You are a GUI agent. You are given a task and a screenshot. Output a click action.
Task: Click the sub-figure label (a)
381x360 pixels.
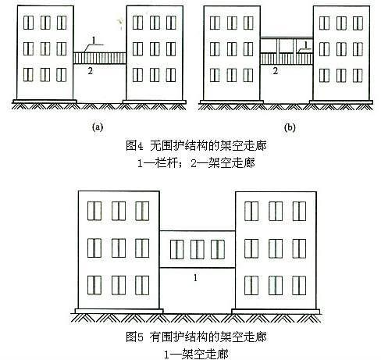click(98, 127)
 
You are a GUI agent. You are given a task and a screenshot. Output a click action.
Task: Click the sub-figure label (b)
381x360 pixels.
click(290, 127)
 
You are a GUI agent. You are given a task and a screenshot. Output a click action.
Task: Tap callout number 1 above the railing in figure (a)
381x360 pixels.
click(94, 41)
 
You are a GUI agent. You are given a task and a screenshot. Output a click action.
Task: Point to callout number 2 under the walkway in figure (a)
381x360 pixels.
click(91, 71)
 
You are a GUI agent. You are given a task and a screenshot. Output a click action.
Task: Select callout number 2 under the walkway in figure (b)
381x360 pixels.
click(276, 71)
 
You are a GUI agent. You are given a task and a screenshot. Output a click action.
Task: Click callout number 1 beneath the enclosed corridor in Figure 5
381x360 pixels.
click(195, 278)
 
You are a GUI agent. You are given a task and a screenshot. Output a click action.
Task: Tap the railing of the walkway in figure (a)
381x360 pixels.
click(100, 59)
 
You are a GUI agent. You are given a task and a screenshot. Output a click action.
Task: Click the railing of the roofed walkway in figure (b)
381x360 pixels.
click(287, 59)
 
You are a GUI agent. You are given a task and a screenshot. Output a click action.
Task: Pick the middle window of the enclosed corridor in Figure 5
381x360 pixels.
click(198, 249)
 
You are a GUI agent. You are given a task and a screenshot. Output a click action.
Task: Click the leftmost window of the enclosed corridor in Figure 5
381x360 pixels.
click(177, 249)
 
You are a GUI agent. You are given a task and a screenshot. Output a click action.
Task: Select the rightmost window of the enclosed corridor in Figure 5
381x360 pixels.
click(218, 249)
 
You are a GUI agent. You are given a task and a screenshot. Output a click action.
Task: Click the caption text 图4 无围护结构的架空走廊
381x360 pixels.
click(196, 145)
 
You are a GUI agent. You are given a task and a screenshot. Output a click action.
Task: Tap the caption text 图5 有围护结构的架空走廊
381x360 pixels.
click(196, 337)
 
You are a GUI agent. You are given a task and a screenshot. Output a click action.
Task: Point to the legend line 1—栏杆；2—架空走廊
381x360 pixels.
click(196, 163)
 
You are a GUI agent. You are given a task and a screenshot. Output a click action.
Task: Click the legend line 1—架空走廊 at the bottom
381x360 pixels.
click(196, 355)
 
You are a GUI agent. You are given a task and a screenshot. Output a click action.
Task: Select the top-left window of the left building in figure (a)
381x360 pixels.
click(28, 23)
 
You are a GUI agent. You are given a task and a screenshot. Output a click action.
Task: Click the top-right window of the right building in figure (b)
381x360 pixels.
click(358, 23)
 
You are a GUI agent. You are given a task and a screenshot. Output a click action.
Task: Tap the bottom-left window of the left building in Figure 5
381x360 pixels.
click(94, 285)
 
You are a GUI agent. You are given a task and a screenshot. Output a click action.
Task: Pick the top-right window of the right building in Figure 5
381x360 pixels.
click(299, 211)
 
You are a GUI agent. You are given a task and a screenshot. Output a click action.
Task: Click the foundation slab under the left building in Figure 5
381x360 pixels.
click(119, 311)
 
